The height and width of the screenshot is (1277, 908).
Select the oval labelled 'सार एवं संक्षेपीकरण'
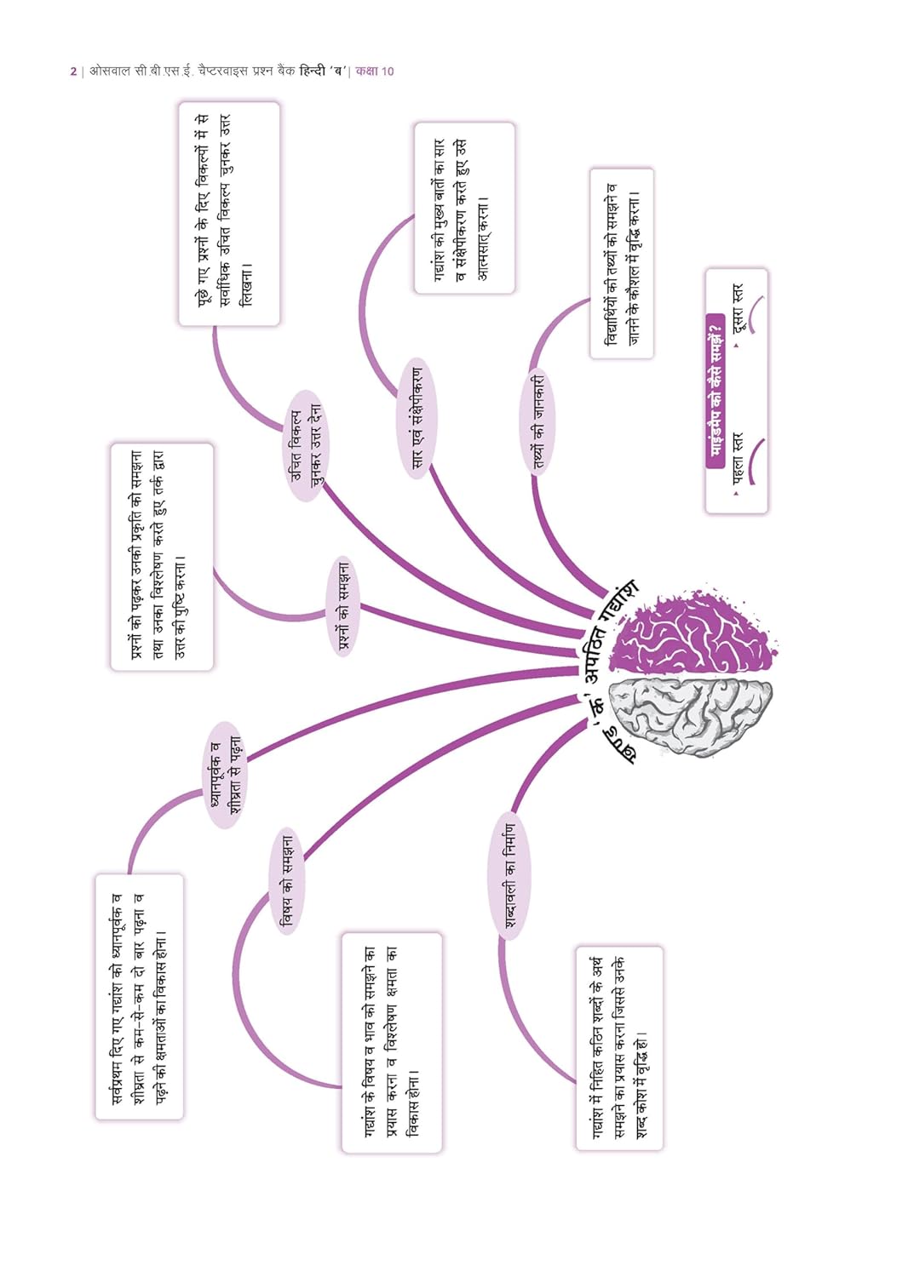[x=417, y=418]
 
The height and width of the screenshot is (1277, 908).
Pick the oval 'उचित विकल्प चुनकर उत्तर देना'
[x=307, y=446]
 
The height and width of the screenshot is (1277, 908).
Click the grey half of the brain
[x=692, y=719]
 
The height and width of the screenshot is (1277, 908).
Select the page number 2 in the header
[x=73, y=72]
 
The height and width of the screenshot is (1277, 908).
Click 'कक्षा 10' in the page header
[x=375, y=72]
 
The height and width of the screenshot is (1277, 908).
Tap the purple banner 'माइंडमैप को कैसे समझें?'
[x=715, y=391]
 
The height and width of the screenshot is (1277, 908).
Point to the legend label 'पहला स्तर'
[x=738, y=460]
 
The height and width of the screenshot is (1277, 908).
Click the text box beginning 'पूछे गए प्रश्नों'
[x=229, y=215]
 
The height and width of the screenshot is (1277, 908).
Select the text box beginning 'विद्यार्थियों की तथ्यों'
[x=622, y=263]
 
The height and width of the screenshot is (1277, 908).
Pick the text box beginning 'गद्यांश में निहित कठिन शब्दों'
[x=619, y=1048]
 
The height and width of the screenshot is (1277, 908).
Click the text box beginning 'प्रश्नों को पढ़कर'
[x=162, y=557]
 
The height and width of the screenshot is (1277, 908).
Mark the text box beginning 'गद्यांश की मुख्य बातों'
[x=464, y=208]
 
